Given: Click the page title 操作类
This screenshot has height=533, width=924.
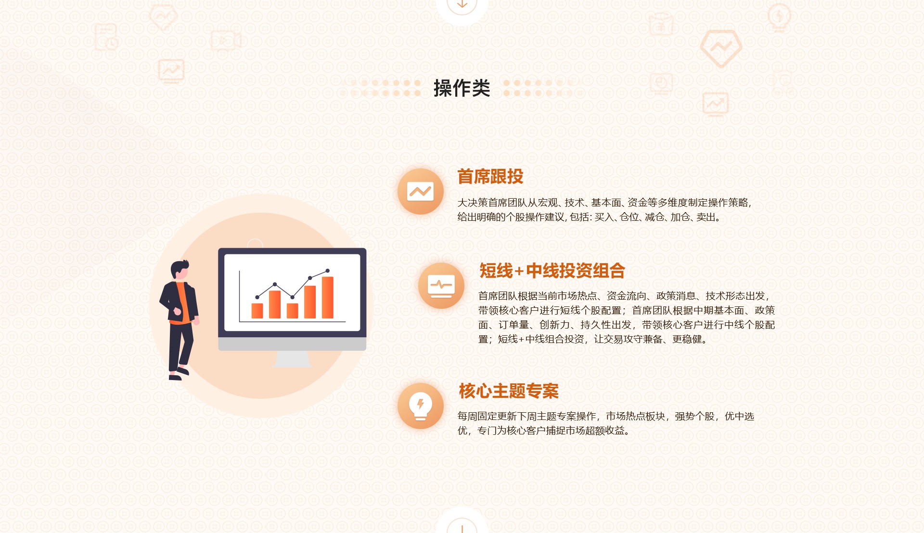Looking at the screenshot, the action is click(x=462, y=88).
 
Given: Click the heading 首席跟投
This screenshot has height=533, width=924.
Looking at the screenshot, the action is click(x=490, y=177).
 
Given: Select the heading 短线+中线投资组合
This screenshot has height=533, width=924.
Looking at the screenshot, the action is click(x=552, y=271).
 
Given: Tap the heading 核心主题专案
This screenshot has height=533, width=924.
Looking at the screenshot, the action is click(x=509, y=391).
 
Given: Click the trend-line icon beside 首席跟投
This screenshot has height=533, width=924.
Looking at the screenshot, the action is click(x=420, y=191).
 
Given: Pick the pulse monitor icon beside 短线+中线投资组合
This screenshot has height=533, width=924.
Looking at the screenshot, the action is click(x=441, y=286).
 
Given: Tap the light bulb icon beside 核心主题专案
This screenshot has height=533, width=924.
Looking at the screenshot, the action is click(x=420, y=406).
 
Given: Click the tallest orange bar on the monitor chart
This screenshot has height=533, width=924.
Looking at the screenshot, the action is click(x=327, y=297).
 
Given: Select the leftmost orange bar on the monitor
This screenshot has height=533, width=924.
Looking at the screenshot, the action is click(x=257, y=310).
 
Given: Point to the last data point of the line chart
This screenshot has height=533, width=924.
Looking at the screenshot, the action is click(x=327, y=271).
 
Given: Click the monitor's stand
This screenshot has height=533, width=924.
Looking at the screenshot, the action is click(x=292, y=359).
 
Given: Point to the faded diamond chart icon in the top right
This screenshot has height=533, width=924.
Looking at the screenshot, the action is click(x=720, y=48).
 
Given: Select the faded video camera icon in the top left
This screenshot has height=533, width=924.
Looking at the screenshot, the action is click(x=225, y=40).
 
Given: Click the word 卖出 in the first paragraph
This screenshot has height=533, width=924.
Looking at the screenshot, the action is click(x=706, y=217).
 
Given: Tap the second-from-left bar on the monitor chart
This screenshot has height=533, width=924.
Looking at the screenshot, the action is click(x=275, y=305).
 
